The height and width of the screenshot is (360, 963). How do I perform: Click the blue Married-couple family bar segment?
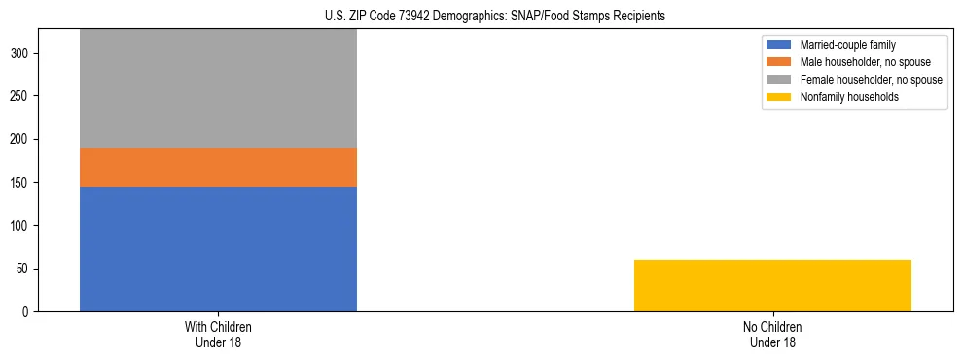click(218, 248)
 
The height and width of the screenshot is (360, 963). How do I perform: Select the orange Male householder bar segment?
click(218, 166)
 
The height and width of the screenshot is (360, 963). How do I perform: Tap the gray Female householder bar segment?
click(218, 89)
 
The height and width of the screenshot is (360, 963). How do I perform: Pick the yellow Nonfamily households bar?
click(772, 285)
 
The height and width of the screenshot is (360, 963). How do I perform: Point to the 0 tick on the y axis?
click(26, 311)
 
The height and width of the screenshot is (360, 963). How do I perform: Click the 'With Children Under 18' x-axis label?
click(218, 334)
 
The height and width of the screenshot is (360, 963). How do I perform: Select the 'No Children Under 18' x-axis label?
click(772, 334)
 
